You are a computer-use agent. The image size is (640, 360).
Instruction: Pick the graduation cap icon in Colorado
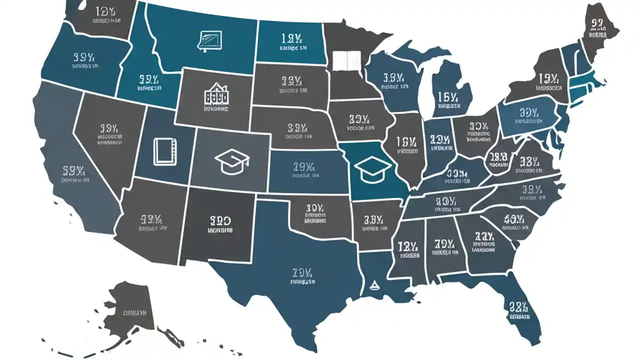(231, 162)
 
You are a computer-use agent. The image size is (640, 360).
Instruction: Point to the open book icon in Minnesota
(342, 61)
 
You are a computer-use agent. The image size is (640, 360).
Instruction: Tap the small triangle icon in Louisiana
(372, 286)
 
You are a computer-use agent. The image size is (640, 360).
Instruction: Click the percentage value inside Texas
(302, 272)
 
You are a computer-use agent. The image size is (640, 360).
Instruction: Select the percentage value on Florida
(518, 306)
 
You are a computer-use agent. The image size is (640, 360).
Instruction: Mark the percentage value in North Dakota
(290, 38)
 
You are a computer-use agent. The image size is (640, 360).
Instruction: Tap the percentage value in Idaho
(149, 79)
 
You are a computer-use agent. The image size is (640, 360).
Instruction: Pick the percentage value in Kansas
(303, 166)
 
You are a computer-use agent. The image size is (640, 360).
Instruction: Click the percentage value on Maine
(597, 23)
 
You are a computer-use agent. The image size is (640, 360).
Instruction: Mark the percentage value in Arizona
(150, 219)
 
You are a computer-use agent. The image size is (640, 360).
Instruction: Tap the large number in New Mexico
(220, 220)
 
